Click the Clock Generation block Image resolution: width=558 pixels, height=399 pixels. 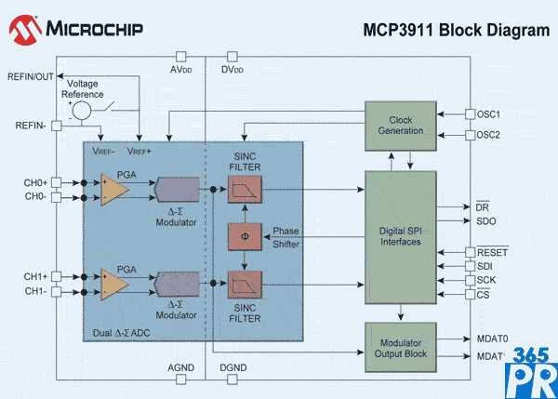tap(400, 125)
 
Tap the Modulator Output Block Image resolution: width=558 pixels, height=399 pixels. tap(400, 347)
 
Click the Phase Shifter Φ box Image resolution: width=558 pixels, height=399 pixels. tap(245, 236)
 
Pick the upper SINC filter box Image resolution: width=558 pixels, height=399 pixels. tap(245, 189)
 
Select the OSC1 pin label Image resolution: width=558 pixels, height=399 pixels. tap(488, 114)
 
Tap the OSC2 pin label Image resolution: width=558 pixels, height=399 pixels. tap(488, 135)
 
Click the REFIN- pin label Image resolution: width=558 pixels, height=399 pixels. tap(33, 125)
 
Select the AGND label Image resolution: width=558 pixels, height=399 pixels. tap(180, 368)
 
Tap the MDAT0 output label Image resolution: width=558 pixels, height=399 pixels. tap(493, 339)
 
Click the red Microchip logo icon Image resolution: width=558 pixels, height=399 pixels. tap(24, 31)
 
